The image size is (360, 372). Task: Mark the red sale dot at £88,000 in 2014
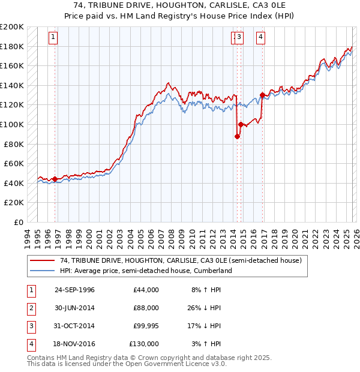(x=237, y=137)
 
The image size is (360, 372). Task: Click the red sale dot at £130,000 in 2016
(x=262, y=95)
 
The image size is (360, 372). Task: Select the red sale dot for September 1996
(x=55, y=179)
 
